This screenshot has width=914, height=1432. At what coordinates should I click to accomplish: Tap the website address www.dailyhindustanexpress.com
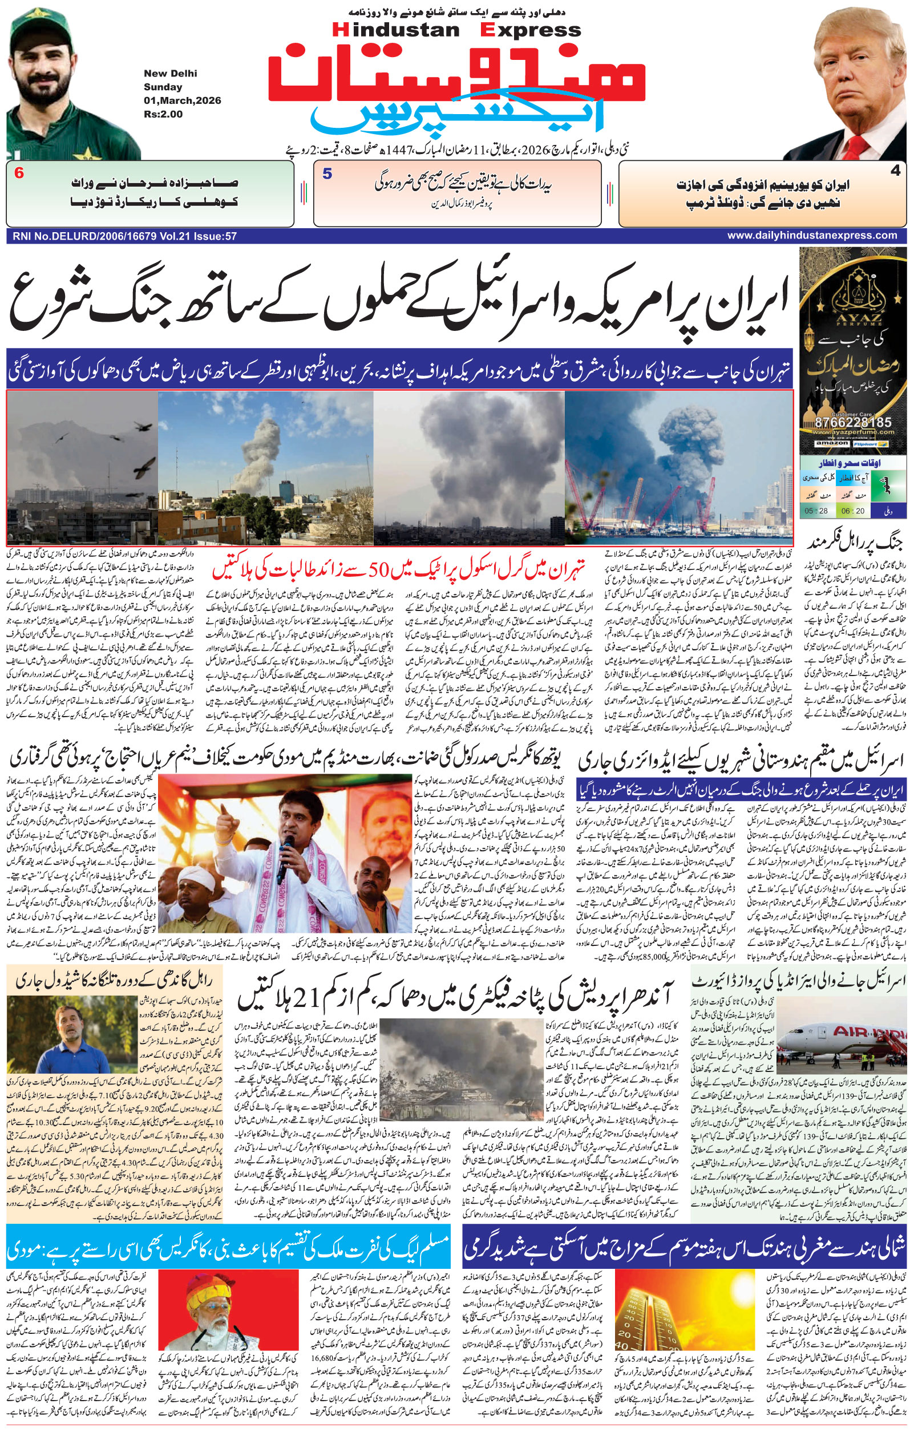pos(812,236)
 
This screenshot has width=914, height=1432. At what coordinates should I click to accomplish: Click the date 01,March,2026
pos(182,100)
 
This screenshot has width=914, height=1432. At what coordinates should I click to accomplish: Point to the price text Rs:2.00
pos(163,114)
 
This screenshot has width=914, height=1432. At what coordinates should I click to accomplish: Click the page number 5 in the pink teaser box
pos(327,173)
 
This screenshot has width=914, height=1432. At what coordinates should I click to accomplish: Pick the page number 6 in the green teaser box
pos(19,173)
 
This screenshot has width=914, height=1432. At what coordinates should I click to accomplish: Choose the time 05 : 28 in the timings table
pos(816,511)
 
